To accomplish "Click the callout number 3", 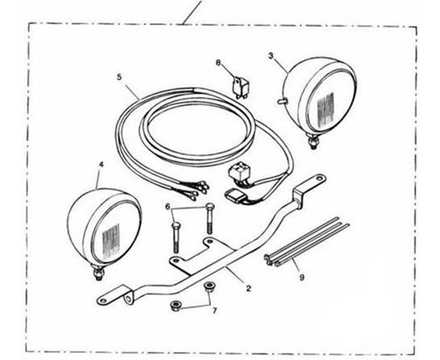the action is click(271, 55).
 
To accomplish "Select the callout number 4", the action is click(101, 165).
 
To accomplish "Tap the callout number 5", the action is click(120, 77).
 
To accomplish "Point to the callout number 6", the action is click(168, 207).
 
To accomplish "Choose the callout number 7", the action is click(214, 311).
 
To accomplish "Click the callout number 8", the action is click(218, 63).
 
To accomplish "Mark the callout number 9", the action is click(302, 277).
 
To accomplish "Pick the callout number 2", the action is click(248, 288).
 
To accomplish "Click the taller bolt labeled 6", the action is click(210, 219).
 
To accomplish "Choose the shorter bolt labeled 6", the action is click(175, 237).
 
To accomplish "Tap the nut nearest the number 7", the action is click(208, 287).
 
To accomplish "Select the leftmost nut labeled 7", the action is click(176, 306).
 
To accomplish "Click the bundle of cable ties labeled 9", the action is click(306, 242).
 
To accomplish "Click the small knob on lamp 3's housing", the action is click(282, 101).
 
